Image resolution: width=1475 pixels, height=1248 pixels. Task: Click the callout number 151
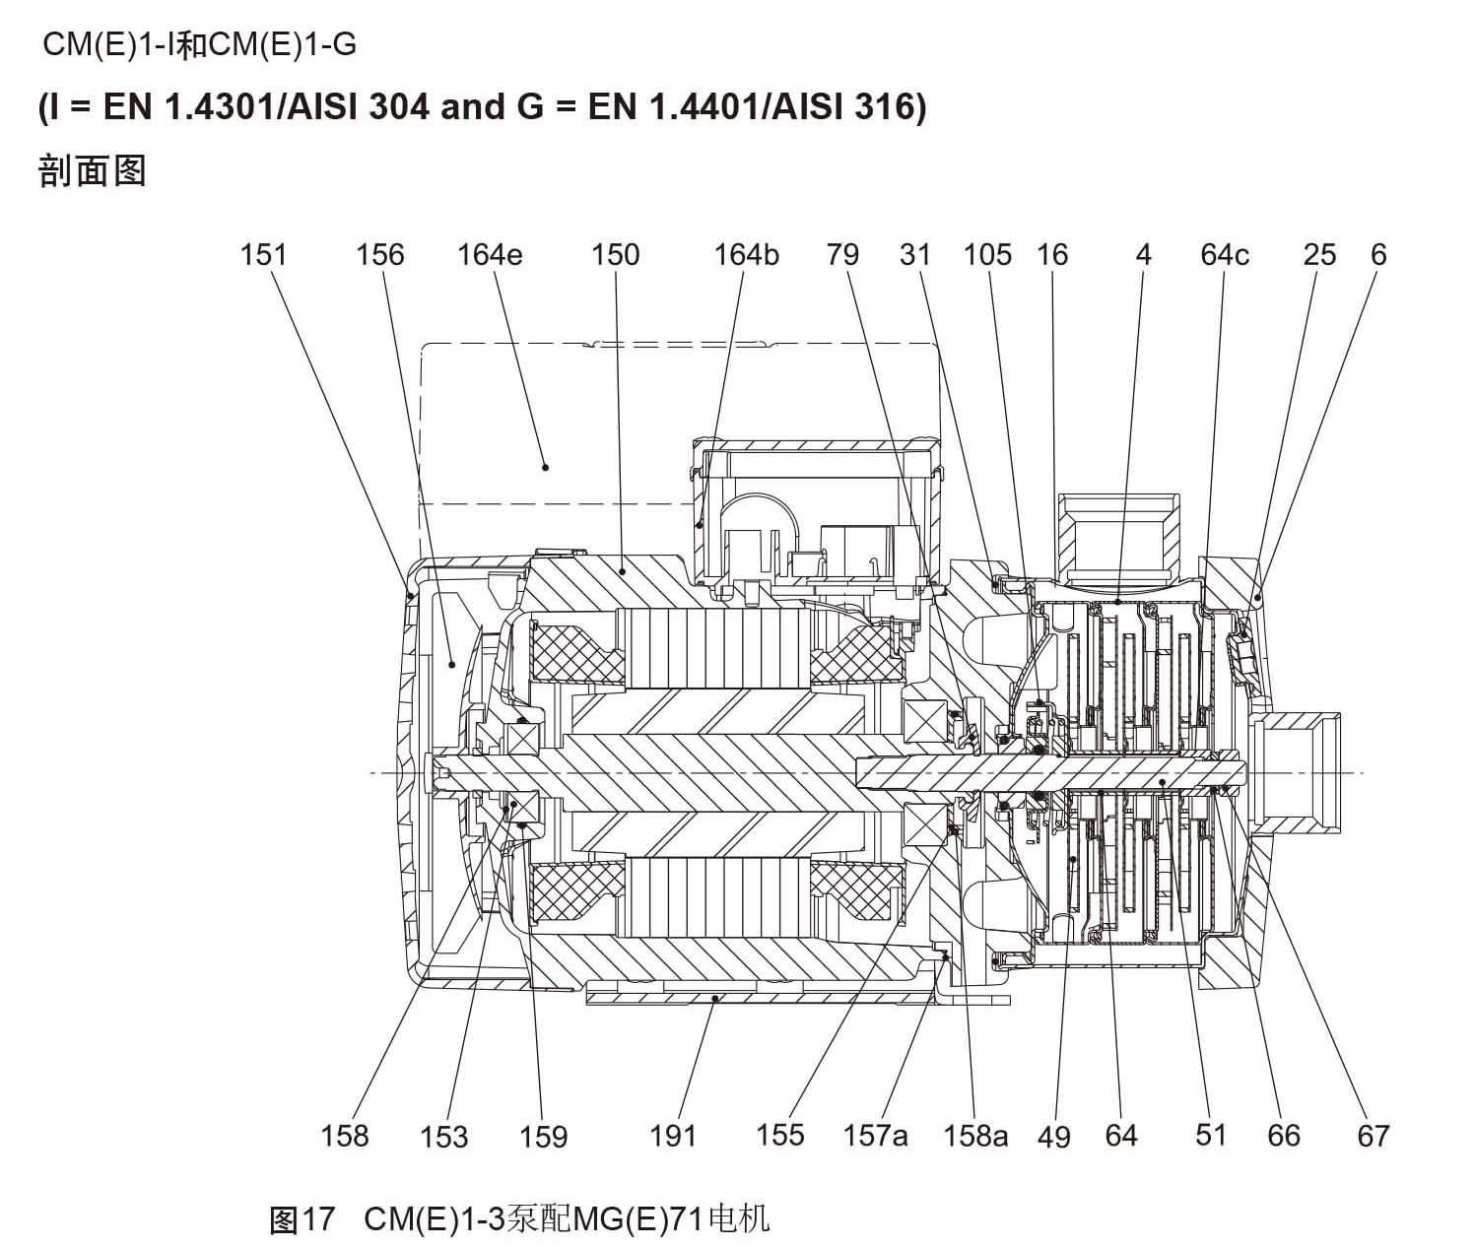click(x=263, y=255)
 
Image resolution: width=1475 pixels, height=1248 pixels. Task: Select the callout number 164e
click(x=489, y=255)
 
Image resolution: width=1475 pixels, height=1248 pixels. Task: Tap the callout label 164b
click(x=746, y=255)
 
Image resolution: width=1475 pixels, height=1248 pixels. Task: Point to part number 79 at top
click(x=842, y=255)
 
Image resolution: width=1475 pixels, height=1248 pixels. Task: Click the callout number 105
click(x=987, y=255)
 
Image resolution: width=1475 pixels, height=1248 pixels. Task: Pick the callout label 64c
click(x=1225, y=255)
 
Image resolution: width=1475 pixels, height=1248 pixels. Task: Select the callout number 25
click(x=1319, y=255)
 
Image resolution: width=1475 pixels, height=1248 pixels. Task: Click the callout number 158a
click(x=975, y=1136)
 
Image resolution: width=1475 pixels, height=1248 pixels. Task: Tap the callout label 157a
click(x=875, y=1136)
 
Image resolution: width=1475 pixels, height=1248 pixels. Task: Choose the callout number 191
click(x=673, y=1136)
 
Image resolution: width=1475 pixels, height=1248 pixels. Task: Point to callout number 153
click(x=443, y=1137)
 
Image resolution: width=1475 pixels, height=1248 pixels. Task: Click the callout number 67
click(x=1373, y=1136)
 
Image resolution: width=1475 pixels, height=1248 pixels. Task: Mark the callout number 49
click(x=1053, y=1137)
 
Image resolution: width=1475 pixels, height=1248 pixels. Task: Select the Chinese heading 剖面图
click(x=92, y=170)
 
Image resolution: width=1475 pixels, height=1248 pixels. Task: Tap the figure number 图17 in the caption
click(x=303, y=1219)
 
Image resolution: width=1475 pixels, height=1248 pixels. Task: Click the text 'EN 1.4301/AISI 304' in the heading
click(x=266, y=106)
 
